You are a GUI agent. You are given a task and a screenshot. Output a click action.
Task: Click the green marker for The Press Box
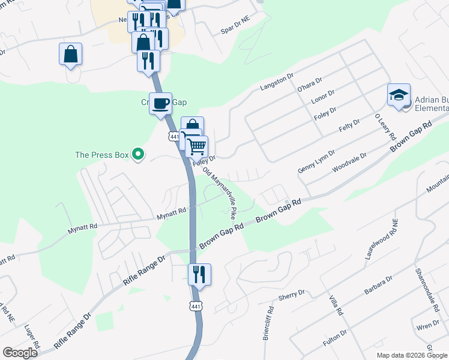[138, 155]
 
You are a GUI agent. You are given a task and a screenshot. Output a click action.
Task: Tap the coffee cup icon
[160, 104]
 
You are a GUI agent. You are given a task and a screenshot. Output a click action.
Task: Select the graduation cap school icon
[399, 95]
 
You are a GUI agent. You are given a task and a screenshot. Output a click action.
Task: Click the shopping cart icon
[196, 146]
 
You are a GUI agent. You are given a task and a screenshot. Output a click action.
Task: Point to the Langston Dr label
[276, 82]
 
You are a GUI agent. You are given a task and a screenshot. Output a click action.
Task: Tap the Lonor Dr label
[324, 98]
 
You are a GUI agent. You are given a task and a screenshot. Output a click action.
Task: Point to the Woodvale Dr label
[350, 160]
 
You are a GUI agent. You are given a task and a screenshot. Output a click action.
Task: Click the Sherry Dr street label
[292, 295]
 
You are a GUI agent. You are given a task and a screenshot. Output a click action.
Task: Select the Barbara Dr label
[378, 285]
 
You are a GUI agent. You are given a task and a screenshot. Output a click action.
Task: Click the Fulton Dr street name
[335, 336]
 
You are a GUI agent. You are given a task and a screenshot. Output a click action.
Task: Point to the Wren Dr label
[427, 327]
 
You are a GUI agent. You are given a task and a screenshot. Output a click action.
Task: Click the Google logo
[20, 353]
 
